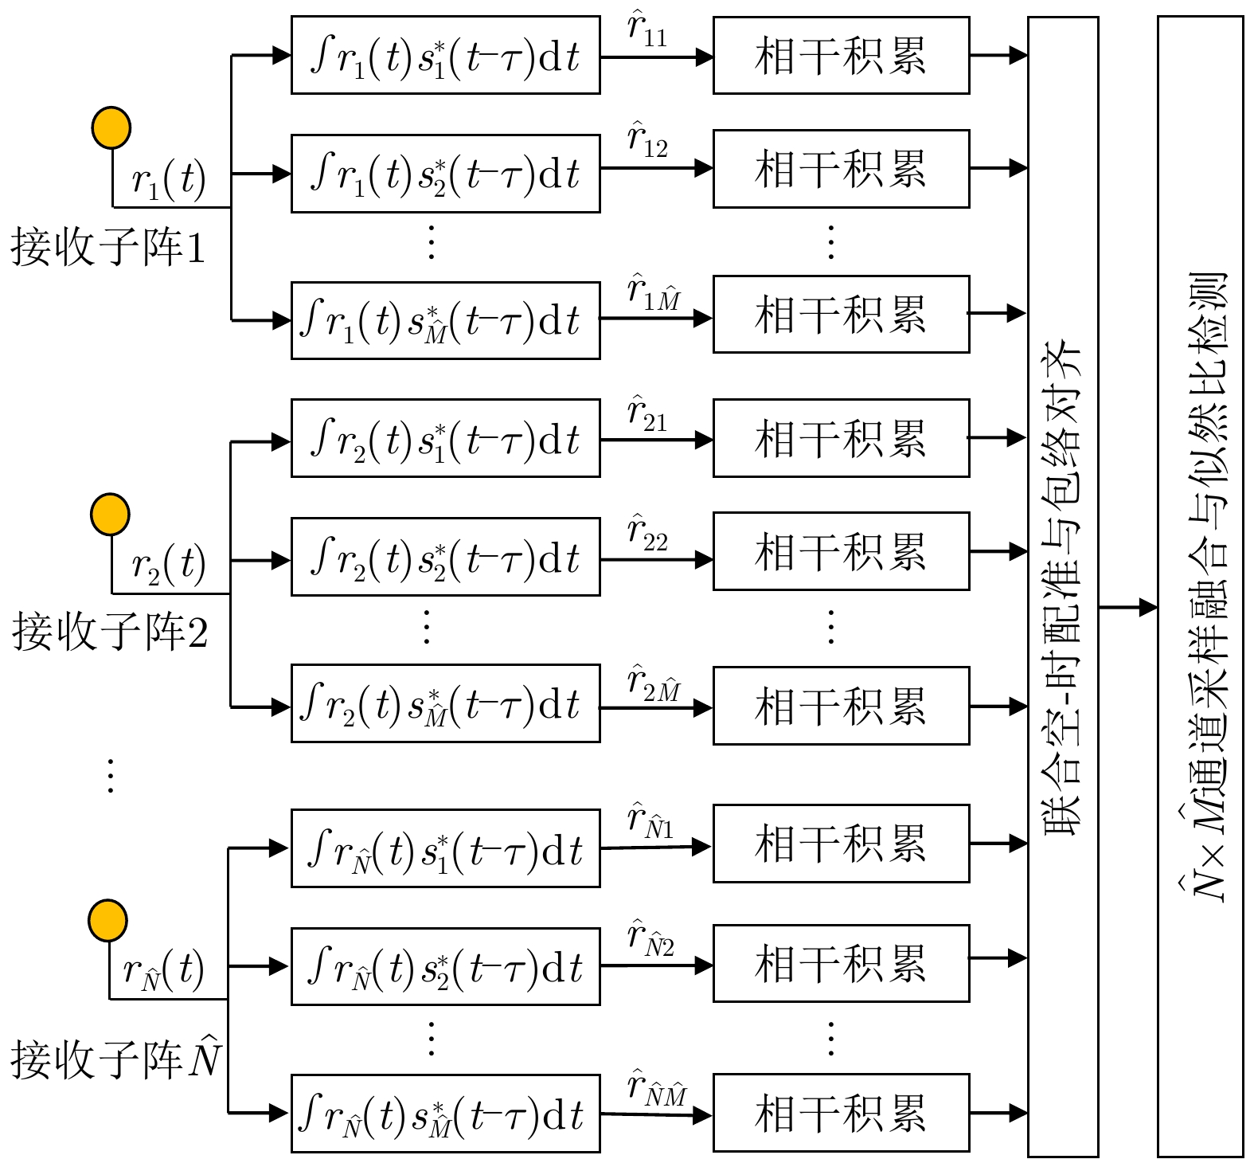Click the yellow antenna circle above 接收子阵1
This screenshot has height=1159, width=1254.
[111, 127]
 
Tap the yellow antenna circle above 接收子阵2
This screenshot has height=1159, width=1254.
[109, 514]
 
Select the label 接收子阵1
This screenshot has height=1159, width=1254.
[108, 247]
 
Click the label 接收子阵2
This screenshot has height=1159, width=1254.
[110, 632]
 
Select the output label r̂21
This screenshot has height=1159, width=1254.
[647, 414]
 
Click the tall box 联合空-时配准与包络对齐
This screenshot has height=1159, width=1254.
[1063, 586]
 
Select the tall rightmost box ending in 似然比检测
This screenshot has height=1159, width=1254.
[1200, 586]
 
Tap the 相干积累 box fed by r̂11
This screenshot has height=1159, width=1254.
[841, 56]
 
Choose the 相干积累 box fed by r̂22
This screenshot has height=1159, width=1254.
[841, 551]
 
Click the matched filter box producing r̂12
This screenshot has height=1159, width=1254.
[445, 174]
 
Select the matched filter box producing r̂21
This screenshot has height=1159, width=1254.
[445, 438]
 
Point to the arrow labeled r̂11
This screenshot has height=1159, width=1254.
[656, 57]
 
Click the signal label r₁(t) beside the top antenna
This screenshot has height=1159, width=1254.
[168, 180]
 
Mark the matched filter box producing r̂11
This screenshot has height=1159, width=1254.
[445, 56]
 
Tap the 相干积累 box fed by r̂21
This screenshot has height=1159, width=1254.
[841, 438]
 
